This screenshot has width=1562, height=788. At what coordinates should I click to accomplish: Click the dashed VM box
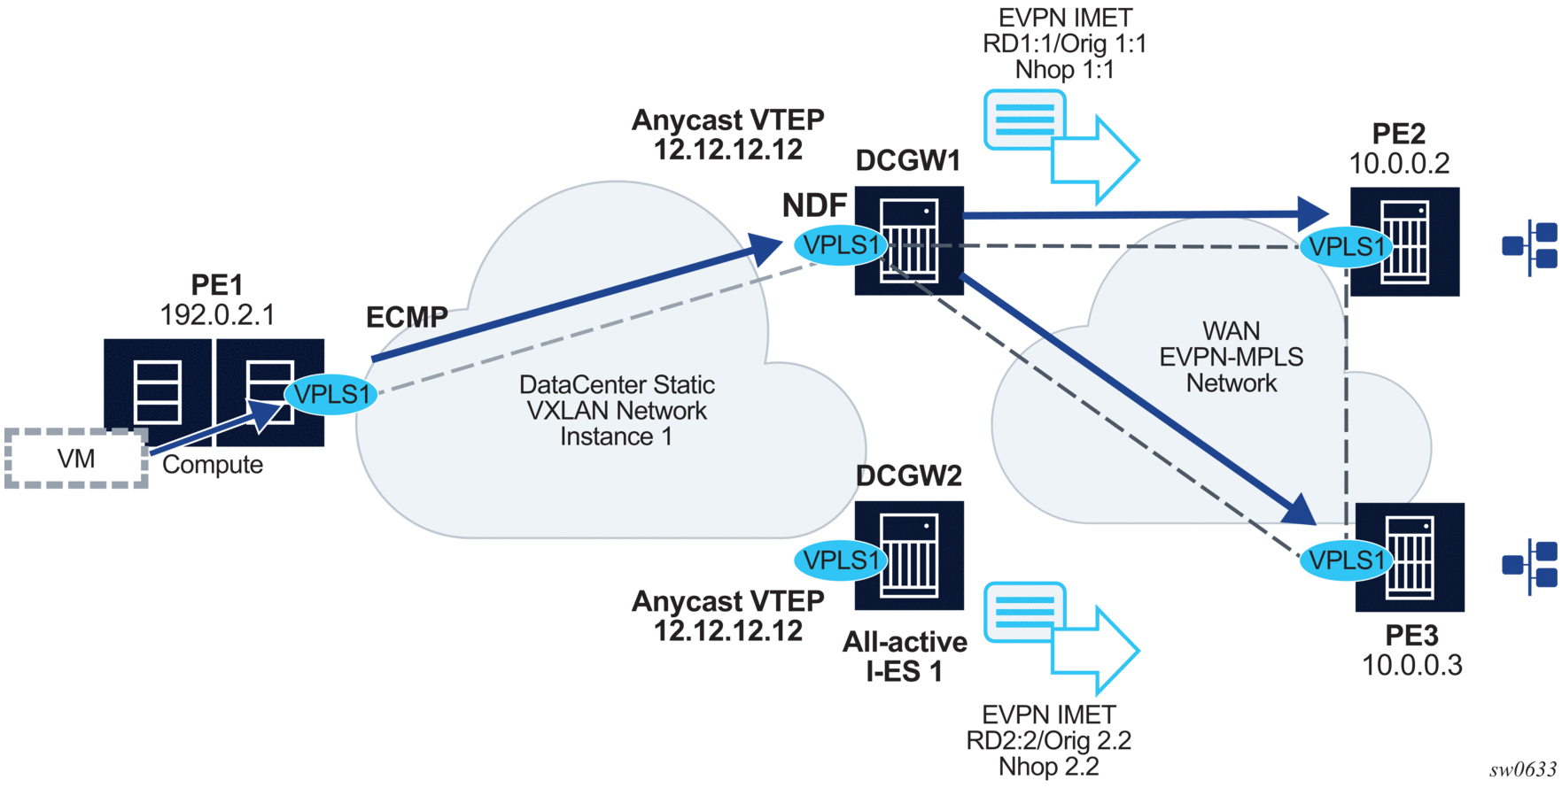tap(76, 459)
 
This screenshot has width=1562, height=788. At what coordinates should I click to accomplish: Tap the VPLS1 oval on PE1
tap(330, 394)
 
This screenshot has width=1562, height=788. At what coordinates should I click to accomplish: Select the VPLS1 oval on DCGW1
tap(840, 244)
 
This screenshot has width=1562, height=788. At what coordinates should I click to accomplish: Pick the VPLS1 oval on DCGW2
tap(840, 560)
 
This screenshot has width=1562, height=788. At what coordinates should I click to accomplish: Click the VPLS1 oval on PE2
tap(1346, 246)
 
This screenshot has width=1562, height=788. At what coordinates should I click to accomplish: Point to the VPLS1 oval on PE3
tap(1346, 560)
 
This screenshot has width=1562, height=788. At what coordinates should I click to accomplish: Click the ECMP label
tap(407, 317)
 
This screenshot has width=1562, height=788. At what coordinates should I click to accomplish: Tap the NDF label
tap(814, 205)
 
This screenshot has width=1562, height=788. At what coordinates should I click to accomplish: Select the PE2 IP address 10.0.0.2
tap(1399, 164)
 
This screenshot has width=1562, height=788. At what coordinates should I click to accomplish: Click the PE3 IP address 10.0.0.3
tap(1411, 666)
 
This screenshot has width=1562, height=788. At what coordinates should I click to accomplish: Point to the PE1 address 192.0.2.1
tap(217, 315)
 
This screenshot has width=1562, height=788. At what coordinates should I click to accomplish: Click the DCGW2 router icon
tap(910, 555)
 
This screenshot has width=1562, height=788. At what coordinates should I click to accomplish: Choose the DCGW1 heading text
tap(908, 161)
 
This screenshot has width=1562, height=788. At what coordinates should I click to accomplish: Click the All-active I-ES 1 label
tap(905, 656)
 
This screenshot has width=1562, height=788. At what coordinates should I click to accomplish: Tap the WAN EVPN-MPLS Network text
tap(1232, 357)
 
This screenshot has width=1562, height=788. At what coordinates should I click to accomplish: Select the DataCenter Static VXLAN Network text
tap(617, 411)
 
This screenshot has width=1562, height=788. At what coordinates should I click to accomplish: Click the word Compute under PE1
tap(213, 465)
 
